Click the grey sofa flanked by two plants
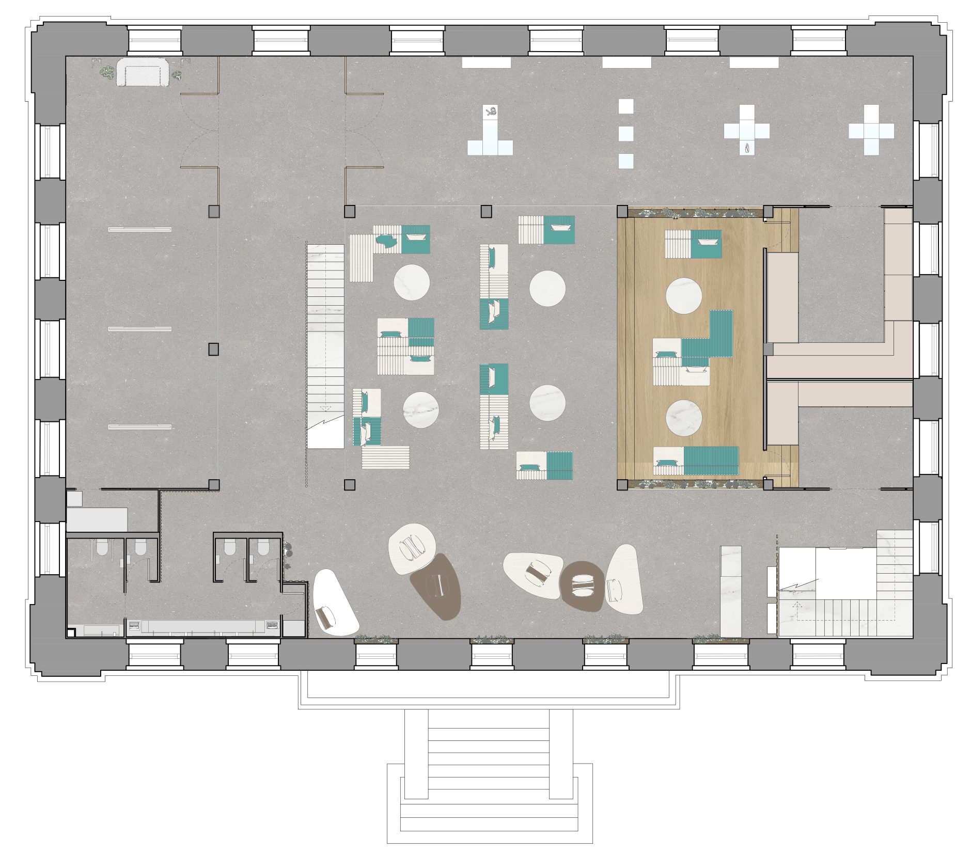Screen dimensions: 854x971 pos(143,72)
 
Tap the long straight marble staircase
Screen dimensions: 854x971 pos(325,346)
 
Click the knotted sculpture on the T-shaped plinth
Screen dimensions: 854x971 pos(491,112)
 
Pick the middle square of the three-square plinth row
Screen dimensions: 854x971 pos(626,134)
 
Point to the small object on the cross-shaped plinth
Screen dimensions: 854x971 pos(746,148)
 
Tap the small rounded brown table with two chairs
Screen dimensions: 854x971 pos(582,586)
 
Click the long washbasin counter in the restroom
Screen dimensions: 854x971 pos(201,627)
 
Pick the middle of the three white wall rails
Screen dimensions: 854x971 pos(139,329)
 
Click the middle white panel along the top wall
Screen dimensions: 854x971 pos(627,62)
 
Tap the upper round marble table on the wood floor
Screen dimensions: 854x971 pos(683,296)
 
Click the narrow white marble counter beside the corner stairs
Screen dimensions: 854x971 pos(730,591)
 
